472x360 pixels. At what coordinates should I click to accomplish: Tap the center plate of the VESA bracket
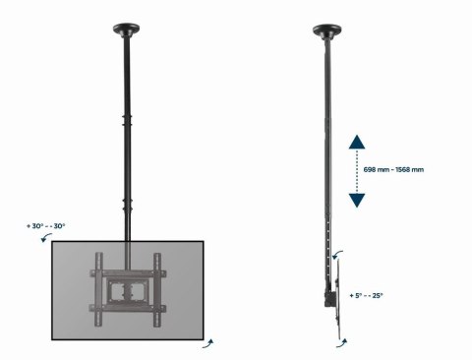(x=129, y=291)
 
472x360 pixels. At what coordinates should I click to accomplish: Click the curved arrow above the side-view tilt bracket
(x=341, y=255)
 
